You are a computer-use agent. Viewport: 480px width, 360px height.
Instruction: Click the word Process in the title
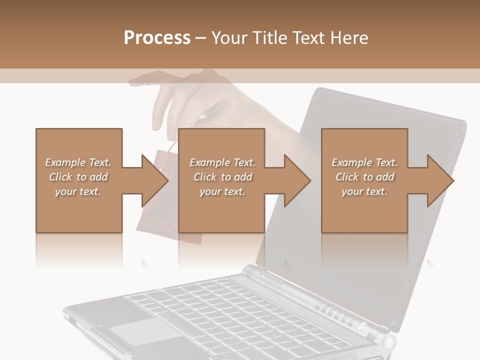coord(157,38)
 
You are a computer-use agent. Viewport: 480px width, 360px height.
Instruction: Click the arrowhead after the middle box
coord(297,180)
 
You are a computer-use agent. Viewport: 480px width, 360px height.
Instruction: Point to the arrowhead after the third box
coord(439,180)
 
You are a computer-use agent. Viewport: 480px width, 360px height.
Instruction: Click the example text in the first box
coord(78,177)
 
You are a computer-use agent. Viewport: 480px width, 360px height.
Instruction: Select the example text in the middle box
coord(222,177)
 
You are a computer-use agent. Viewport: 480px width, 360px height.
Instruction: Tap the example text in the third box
coord(364,177)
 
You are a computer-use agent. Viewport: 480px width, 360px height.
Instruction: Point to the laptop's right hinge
coord(388,342)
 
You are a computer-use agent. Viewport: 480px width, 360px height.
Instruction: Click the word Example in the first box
coord(65,162)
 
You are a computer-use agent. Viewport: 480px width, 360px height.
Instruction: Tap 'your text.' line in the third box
coord(364,191)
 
